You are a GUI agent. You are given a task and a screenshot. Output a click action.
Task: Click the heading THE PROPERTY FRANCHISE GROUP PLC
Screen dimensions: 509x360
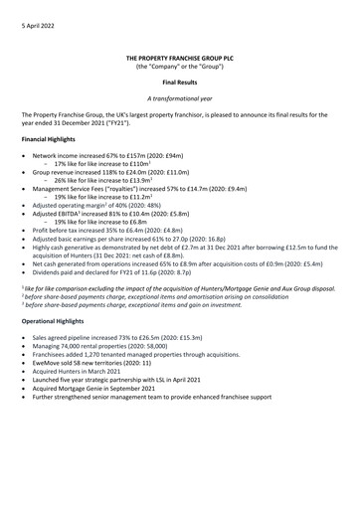[x=179, y=61]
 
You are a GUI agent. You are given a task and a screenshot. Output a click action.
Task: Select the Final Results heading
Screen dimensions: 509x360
[x=179, y=87]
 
